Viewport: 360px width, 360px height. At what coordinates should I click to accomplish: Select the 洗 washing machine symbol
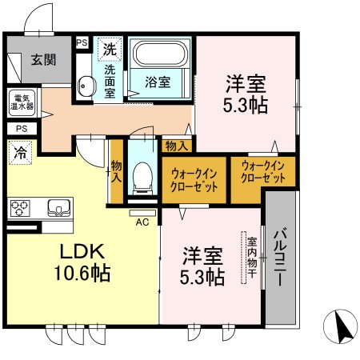pyautogui.click(x=107, y=49)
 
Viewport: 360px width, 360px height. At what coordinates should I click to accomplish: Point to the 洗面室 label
pyautogui.click(x=109, y=80)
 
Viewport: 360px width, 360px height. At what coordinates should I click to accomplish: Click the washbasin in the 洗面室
pyautogui.click(x=86, y=84)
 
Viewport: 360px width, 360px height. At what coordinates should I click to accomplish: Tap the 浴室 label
pyautogui.click(x=156, y=82)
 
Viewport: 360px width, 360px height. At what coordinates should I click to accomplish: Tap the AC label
pyautogui.click(x=143, y=222)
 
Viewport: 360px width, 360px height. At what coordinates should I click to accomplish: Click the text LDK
pyautogui.click(x=77, y=252)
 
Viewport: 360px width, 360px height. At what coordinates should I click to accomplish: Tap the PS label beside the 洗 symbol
pyautogui.click(x=82, y=43)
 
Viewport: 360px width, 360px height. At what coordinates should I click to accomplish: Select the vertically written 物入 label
pyautogui.click(x=116, y=170)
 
